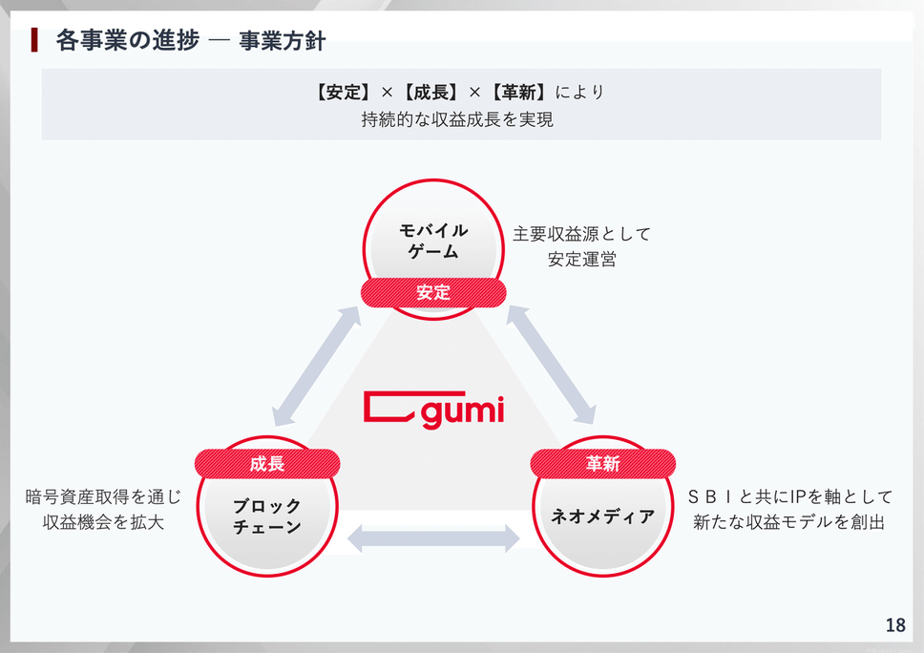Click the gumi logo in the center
[x=433, y=410]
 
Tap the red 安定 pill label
[x=432, y=293]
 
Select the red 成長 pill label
[x=267, y=464]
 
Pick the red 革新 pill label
[x=602, y=464]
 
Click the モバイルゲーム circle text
[x=432, y=241]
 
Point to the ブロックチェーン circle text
[x=267, y=516]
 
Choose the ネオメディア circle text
[x=602, y=516]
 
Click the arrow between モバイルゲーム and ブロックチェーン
[x=317, y=366]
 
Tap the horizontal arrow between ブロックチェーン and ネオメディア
[x=434, y=538]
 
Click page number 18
[x=894, y=625]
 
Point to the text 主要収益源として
[x=581, y=234]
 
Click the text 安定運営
[x=581, y=259]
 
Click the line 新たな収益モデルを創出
[x=789, y=522]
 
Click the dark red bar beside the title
[x=34, y=40]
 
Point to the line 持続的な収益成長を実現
[x=457, y=119]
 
